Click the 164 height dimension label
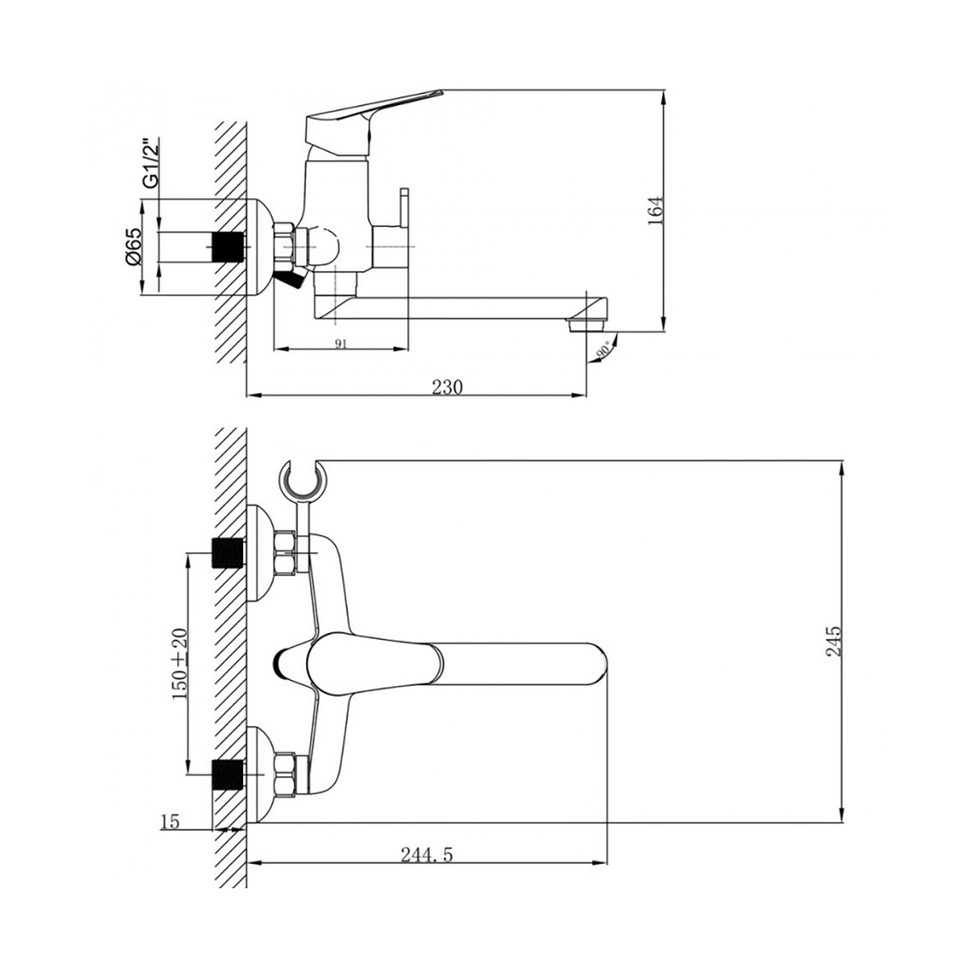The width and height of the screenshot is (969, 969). click(655, 211)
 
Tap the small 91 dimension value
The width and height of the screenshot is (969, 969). click(340, 343)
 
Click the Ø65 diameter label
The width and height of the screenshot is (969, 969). click(135, 245)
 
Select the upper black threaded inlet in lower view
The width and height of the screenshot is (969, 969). click(228, 553)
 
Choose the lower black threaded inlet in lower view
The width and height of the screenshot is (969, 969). click(228, 774)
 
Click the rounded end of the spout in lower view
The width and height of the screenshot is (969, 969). click(594, 663)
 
